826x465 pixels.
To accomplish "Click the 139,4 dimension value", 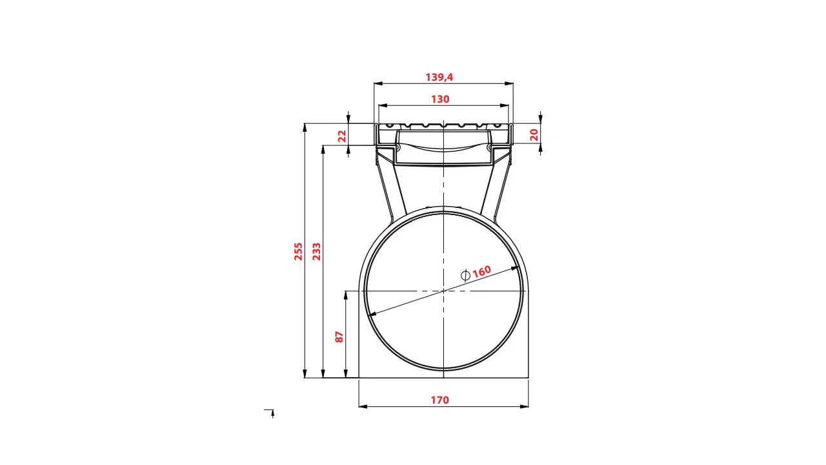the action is pos(439,77).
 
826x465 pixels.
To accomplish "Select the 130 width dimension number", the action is pos(440,99).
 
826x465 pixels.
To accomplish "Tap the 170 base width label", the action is pos(440,400).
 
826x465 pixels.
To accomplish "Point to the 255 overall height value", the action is pos(298,251).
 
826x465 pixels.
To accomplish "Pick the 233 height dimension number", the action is pos(317,251).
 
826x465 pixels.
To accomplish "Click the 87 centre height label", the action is pos(339,337).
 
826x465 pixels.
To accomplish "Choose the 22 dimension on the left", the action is pos(343,136).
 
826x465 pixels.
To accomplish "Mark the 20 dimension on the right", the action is pos(534,135).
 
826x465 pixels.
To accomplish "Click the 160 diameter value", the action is pos(482,271).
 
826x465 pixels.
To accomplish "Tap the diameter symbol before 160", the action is pos(465,275).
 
